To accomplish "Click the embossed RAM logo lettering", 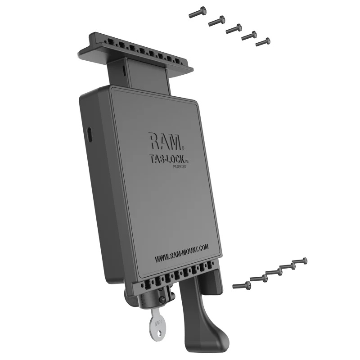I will point(165,141).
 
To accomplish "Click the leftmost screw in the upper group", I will point(198,11).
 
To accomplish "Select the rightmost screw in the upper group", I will point(263,42).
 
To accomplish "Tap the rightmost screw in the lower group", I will point(300,261).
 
